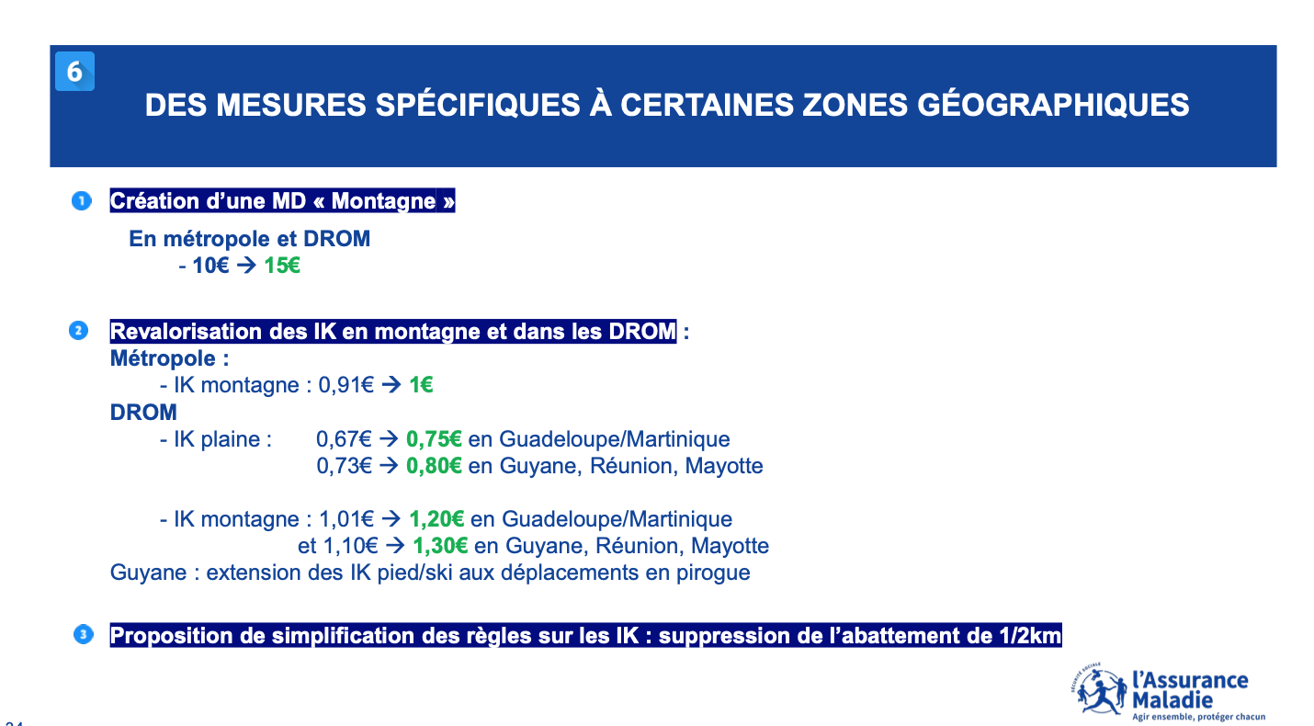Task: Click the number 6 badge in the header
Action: click(x=74, y=72)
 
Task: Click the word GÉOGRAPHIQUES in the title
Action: click(x=1053, y=106)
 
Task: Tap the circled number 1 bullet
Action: click(x=82, y=201)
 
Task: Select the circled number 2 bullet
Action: click(x=79, y=331)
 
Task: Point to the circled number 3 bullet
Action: click(x=84, y=634)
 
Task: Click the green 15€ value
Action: click(x=282, y=266)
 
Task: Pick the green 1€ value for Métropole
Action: click(x=421, y=385)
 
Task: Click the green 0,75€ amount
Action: click(x=434, y=439)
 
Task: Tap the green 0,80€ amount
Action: click(x=434, y=466)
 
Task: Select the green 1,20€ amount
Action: click(x=436, y=519)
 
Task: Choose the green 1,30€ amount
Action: click(x=440, y=547)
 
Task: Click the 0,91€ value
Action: click(x=346, y=385)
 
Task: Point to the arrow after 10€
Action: click(x=246, y=266)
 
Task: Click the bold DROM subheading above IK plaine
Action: click(x=143, y=412)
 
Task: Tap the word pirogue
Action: click(x=713, y=573)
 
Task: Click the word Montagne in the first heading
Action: click(x=384, y=201)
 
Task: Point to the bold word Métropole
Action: click(x=163, y=358)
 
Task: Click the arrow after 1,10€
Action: click(x=395, y=547)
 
